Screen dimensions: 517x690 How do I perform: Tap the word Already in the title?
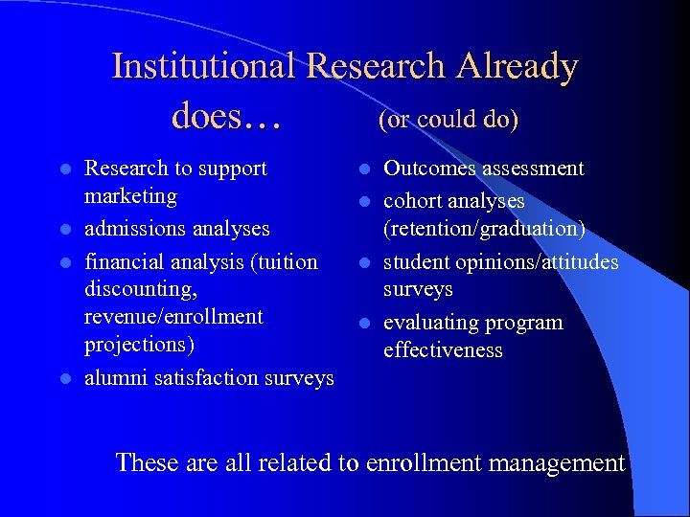click(517, 66)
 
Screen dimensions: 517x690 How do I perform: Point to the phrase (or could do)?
click(448, 120)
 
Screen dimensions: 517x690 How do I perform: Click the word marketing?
click(131, 196)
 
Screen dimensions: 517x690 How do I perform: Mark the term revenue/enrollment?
click(174, 317)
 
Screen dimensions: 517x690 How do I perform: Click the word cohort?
click(412, 202)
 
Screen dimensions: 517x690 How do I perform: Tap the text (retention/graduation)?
click(484, 230)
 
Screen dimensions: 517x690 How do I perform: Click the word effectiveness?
click(443, 350)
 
